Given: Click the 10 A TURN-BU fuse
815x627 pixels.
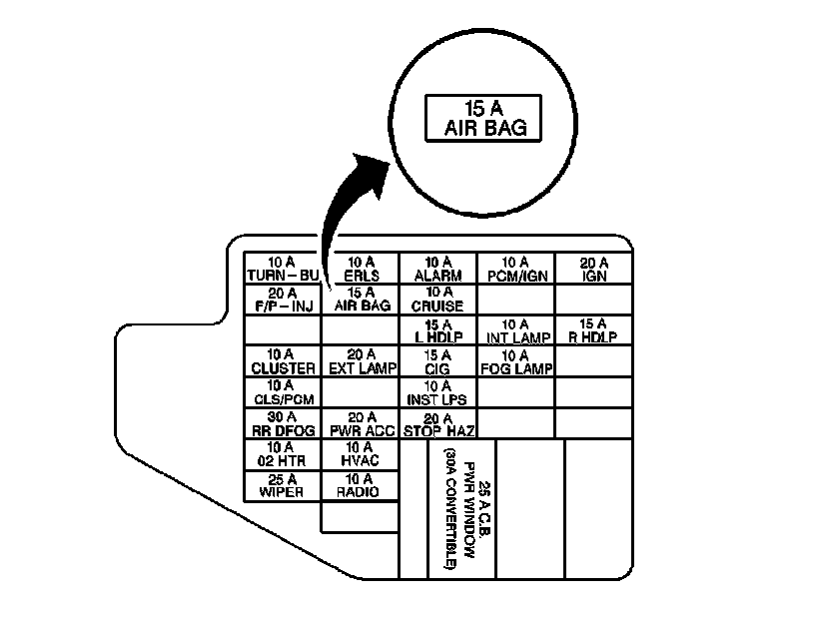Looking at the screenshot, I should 283,269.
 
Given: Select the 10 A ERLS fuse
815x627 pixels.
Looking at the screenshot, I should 361,269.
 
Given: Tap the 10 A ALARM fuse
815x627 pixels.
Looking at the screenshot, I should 437,269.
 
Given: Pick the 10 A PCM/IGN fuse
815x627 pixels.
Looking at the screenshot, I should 515,269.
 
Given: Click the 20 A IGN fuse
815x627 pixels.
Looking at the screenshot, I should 594,269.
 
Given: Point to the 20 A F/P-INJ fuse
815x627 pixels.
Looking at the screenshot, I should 283,300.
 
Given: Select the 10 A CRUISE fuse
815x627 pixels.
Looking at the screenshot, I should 437,300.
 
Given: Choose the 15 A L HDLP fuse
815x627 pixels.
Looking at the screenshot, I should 437,330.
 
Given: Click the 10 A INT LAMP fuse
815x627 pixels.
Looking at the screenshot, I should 515,330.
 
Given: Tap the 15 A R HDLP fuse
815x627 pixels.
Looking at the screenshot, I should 594,330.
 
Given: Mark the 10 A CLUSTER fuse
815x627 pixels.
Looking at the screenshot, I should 283,360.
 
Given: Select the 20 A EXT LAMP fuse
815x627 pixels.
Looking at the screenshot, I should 361,360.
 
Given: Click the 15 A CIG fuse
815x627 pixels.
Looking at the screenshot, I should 437,360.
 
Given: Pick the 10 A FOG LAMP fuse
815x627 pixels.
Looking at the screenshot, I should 515,360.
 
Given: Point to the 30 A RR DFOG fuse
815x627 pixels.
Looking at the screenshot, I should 283,423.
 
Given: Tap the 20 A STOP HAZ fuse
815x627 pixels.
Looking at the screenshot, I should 437,423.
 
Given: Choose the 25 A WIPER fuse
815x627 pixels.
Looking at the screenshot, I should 283,485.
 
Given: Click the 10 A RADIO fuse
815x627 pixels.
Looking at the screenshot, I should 361,485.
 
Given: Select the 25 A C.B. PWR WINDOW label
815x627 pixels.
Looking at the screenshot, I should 461,509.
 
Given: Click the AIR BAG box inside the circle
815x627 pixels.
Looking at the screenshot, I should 484,118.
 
